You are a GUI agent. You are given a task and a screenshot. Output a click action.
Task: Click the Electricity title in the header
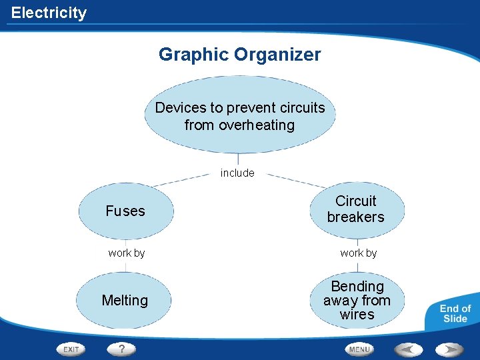49,13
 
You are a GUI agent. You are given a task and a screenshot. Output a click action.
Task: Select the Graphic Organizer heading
239,55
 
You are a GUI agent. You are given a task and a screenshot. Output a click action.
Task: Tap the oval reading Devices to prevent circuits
240,116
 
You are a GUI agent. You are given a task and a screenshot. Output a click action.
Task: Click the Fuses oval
125,211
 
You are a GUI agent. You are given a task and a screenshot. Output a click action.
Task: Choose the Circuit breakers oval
356,209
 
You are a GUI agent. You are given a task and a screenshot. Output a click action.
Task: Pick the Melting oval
125,301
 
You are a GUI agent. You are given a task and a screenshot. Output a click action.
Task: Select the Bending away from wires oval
357,301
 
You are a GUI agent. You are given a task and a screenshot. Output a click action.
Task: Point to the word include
237,173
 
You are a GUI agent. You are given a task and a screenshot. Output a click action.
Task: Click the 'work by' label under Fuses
127,253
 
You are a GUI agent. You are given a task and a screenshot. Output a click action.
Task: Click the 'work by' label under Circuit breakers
359,253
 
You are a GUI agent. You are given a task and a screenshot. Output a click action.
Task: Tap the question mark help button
121,349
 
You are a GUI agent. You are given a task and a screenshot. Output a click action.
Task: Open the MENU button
359,349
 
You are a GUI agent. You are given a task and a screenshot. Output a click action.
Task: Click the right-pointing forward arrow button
450,349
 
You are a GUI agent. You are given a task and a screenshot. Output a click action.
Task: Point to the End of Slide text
455,313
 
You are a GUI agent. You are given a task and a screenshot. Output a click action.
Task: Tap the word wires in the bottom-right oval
357,315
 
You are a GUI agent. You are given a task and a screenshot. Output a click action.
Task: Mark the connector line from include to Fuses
180,179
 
